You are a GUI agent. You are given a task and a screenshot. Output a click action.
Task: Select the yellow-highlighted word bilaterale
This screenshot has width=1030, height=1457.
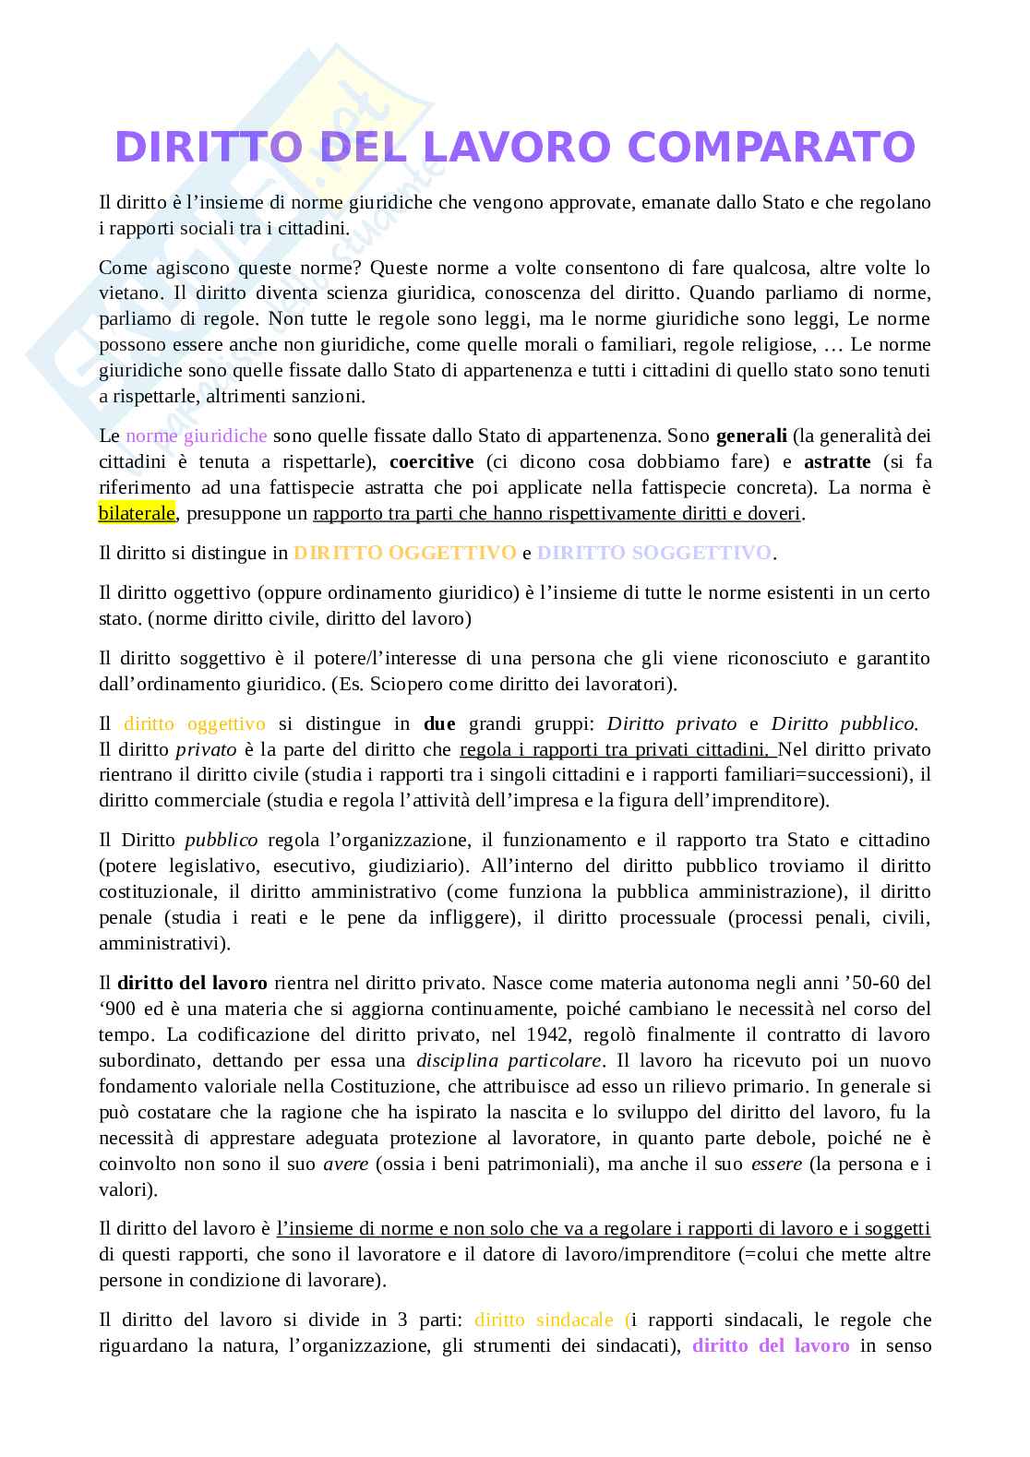pyautogui.click(x=137, y=513)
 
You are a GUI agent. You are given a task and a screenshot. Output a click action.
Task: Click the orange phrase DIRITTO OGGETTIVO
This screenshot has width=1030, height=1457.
pyautogui.click(x=404, y=553)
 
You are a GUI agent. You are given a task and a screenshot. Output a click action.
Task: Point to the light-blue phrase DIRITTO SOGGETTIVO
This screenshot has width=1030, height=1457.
pyautogui.click(x=653, y=553)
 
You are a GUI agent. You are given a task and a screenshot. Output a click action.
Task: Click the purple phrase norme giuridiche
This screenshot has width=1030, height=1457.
pyautogui.click(x=197, y=436)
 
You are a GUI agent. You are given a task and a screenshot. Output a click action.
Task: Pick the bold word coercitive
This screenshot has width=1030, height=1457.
pyautogui.click(x=432, y=461)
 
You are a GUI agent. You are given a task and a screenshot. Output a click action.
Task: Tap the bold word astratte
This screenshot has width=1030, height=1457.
pyautogui.click(x=837, y=461)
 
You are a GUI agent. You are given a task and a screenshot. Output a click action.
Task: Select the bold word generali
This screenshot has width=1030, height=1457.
pyautogui.click(x=751, y=436)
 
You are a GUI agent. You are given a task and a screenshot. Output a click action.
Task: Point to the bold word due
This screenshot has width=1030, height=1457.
pyautogui.click(x=439, y=723)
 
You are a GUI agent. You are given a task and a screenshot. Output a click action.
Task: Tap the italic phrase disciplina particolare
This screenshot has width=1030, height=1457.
pyautogui.click(x=509, y=1060)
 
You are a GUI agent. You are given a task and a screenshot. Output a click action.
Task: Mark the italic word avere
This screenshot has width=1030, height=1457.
pyautogui.click(x=345, y=1164)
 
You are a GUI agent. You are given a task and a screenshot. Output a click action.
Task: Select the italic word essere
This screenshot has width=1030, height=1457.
pyautogui.click(x=776, y=1164)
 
